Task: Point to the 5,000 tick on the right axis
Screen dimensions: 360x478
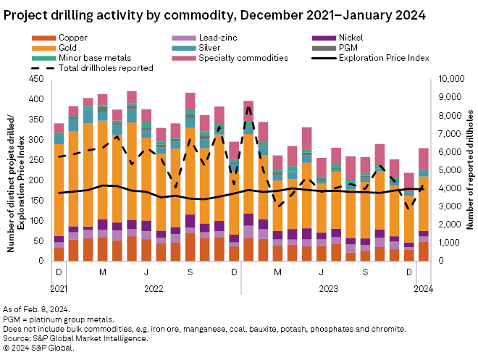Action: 446,169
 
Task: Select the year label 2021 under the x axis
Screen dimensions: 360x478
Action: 59,288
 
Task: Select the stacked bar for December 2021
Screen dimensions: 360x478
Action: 59,191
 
